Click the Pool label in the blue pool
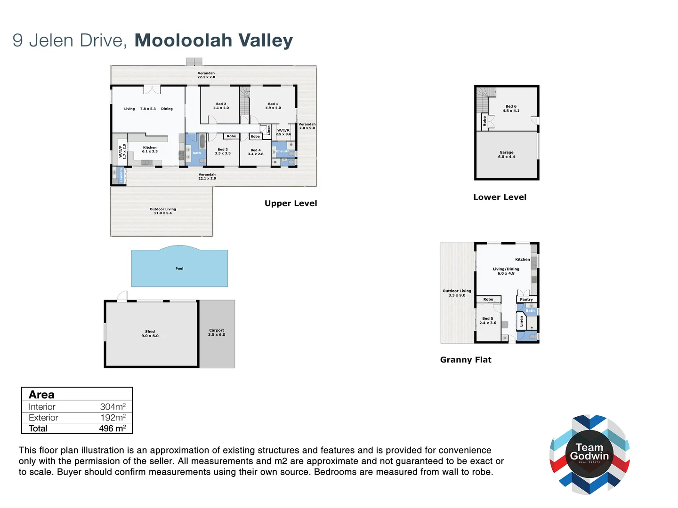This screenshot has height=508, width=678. pyautogui.click(x=179, y=269)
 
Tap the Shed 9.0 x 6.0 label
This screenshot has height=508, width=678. pyautogui.click(x=150, y=333)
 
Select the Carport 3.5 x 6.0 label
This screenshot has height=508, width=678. pyautogui.click(x=217, y=333)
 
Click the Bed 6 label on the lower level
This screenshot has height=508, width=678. pyautogui.click(x=511, y=109)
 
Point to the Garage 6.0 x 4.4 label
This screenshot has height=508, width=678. pyautogui.click(x=507, y=154)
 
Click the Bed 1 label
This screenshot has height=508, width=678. pyautogui.click(x=273, y=106)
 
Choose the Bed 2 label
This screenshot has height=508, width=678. pyautogui.click(x=221, y=106)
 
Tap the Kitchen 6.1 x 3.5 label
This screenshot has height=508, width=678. pyautogui.click(x=150, y=150)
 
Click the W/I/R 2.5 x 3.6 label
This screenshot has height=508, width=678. pyautogui.click(x=283, y=132)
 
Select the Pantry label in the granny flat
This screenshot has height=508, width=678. pyautogui.click(x=526, y=300)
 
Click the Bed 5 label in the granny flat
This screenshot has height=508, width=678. pyautogui.click(x=488, y=321)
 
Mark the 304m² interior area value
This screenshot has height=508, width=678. pyautogui.click(x=113, y=407)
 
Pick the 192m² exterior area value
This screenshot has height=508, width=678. pyautogui.click(x=113, y=418)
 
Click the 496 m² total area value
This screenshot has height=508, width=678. pyautogui.click(x=112, y=429)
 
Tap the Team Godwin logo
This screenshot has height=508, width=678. pyautogui.click(x=589, y=454)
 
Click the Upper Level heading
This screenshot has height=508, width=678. pyautogui.click(x=291, y=203)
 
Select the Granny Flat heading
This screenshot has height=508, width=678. pyautogui.click(x=466, y=360)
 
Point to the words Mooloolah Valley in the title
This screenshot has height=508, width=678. pyautogui.click(x=214, y=40)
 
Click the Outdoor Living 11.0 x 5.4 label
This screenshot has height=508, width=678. pyautogui.click(x=163, y=211)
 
